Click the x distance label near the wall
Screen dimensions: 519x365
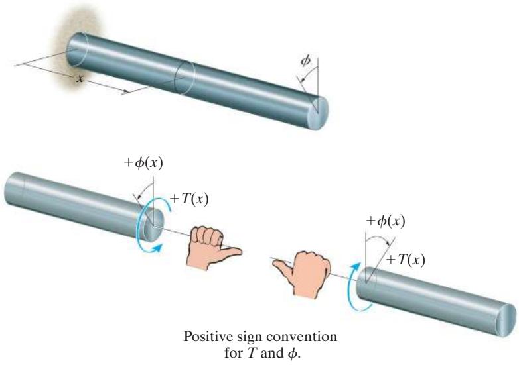pos(79,79)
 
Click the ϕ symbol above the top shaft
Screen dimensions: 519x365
pos(305,61)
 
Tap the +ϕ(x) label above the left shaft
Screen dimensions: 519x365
pos(143,163)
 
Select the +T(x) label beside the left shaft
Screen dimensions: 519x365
pos(189,199)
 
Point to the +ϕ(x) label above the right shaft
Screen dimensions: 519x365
pos(386,221)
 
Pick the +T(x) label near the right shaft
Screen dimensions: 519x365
pos(406,260)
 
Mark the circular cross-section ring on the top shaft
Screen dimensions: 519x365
pos(185,78)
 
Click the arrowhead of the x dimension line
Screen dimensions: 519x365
pos(125,91)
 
